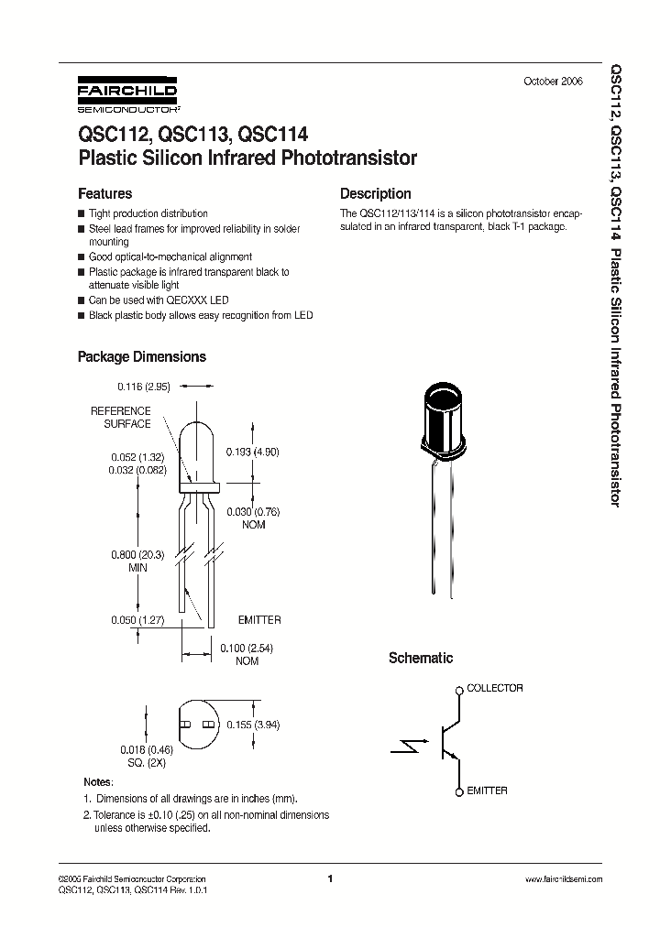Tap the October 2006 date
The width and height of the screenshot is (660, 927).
pos(552,82)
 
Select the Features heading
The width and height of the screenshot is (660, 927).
pos(104,194)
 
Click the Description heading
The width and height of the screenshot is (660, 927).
pos(375,194)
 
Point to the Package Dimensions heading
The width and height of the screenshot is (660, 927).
pos(141,356)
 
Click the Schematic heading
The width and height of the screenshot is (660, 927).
pos(421,658)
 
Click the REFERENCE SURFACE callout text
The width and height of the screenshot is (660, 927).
pos(121,418)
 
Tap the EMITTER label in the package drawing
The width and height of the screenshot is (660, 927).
pos(259,620)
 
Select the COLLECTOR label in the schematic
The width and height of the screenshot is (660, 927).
pos(495,688)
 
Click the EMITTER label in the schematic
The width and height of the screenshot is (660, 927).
pos(487,791)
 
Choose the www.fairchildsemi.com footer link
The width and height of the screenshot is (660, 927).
pos(564,878)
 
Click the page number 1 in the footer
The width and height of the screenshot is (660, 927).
pos(329,878)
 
